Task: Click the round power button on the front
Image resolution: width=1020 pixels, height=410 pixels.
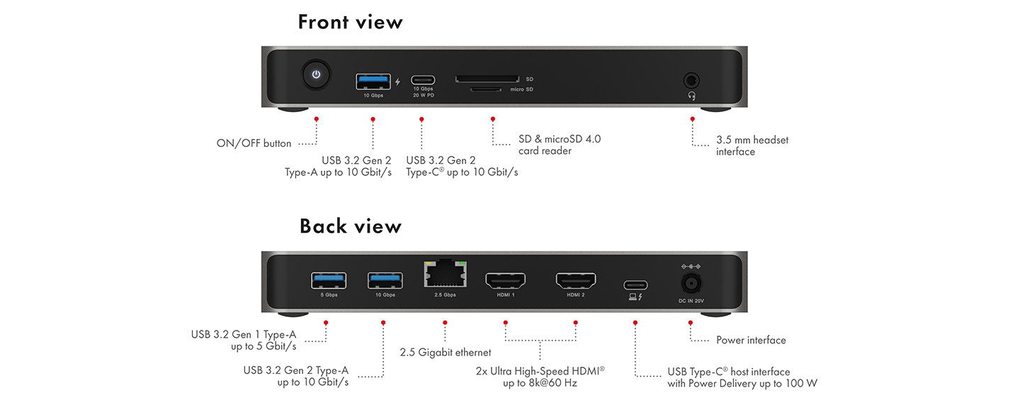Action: (x=317, y=74)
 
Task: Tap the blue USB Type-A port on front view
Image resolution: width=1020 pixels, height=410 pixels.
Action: (x=373, y=81)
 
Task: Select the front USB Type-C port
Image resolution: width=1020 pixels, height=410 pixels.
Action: (x=423, y=81)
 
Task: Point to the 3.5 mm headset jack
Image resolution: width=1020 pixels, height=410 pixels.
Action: (x=691, y=80)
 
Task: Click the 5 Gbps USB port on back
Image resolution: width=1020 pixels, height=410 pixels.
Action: (x=329, y=281)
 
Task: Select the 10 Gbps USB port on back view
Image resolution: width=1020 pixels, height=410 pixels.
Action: (x=385, y=281)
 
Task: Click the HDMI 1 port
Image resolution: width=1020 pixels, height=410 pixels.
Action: (x=505, y=281)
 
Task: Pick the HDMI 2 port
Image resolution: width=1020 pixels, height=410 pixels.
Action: (x=575, y=281)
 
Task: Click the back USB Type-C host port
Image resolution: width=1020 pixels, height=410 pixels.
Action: (x=635, y=285)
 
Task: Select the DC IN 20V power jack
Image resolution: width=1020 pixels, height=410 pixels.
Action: (x=691, y=284)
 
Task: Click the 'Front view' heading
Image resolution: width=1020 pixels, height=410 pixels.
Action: (x=350, y=22)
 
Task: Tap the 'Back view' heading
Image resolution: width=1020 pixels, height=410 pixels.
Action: (x=350, y=226)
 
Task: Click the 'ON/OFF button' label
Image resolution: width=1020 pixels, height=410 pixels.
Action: (x=254, y=143)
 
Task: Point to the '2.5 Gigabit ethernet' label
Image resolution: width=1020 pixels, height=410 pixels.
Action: (x=445, y=353)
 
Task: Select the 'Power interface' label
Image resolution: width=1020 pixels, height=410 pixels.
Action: (x=751, y=340)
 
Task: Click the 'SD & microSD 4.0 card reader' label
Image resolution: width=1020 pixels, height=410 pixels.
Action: (x=559, y=145)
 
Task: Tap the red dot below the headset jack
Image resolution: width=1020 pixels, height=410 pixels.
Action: (x=692, y=119)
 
